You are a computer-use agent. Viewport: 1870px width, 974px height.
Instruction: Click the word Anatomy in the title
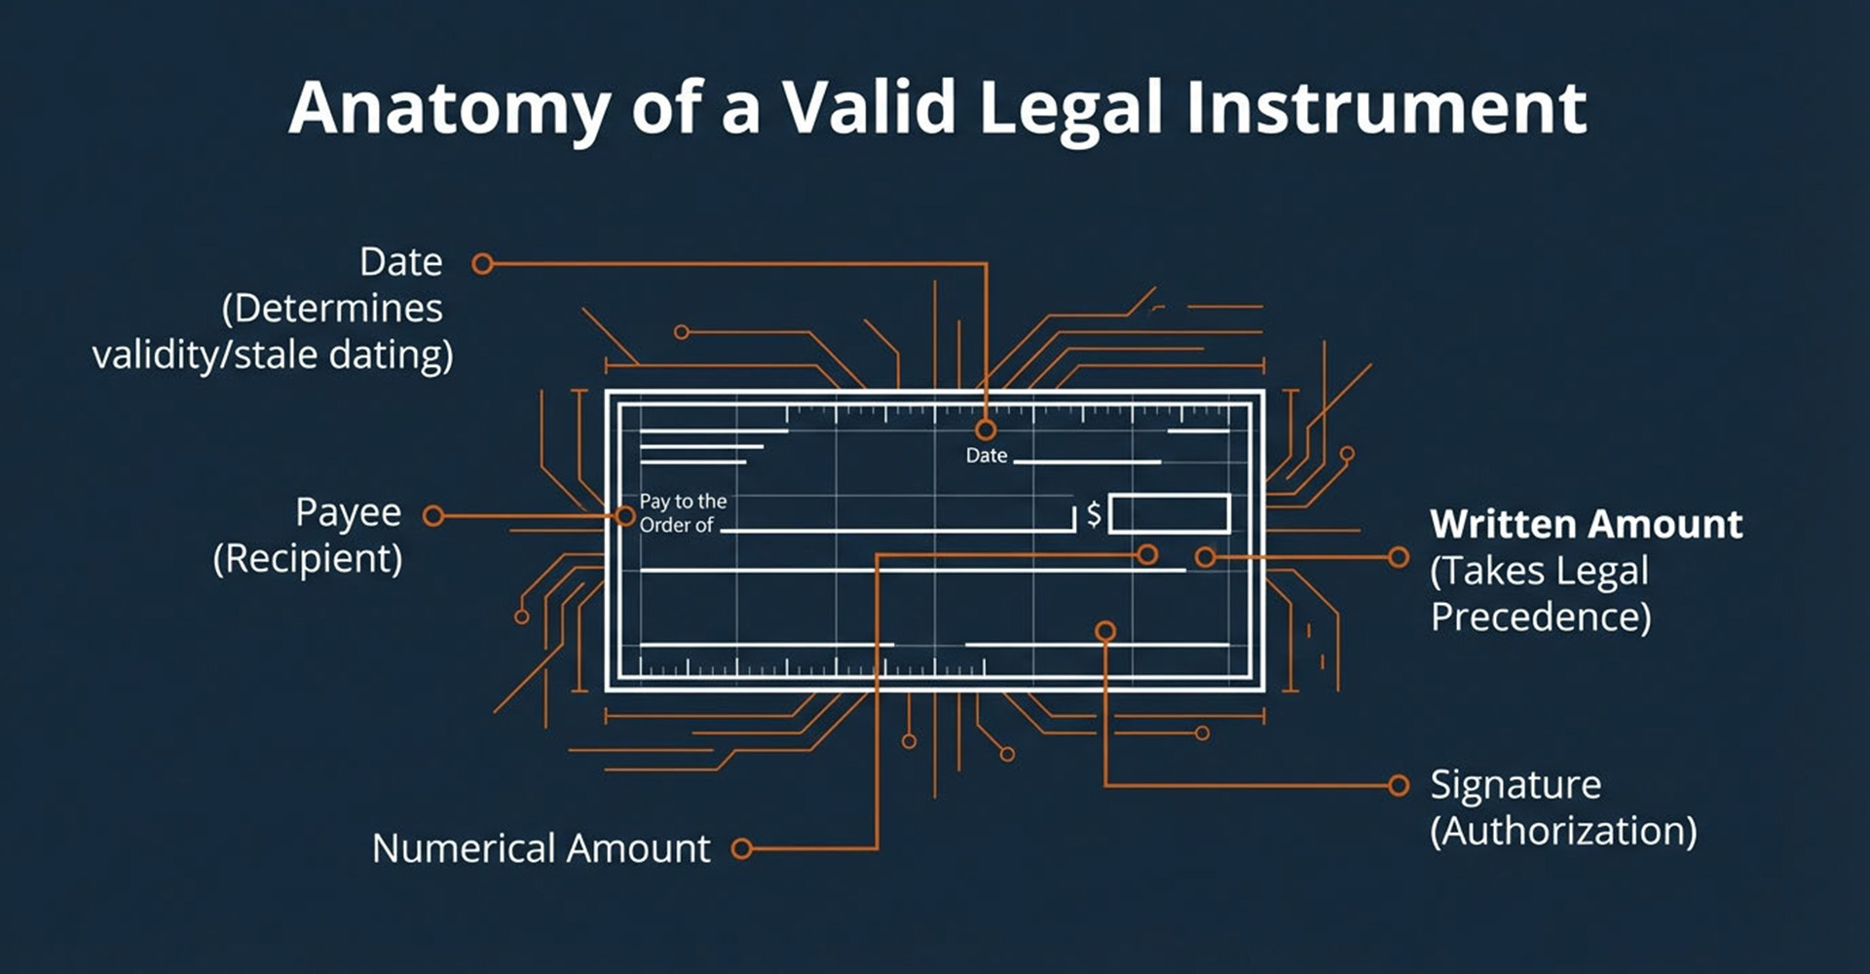pos(449,108)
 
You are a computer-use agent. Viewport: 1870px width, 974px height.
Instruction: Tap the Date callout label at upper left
pos(400,262)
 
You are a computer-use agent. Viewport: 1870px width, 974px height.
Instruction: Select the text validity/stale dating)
pos(273,356)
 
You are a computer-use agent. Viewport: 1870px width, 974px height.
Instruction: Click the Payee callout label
pos(348,513)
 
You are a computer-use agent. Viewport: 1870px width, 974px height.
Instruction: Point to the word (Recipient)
pos(308,559)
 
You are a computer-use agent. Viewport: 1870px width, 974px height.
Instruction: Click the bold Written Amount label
pos(1586,524)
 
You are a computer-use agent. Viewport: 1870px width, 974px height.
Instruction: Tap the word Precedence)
pos(1540,618)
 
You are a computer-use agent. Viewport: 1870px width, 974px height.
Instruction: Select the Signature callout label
pos(1515,785)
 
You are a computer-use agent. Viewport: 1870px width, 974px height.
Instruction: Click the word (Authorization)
pos(1563,832)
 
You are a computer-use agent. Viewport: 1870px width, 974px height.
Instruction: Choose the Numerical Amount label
pos(541,848)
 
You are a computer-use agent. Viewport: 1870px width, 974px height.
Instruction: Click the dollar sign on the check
pos(1094,513)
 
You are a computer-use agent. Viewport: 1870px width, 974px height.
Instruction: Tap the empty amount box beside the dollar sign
pos(1169,513)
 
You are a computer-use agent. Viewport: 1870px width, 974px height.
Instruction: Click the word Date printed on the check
pos(986,456)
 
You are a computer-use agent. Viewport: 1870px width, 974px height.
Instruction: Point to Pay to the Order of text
pos(682,513)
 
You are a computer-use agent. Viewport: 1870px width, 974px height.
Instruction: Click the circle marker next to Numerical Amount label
pos(741,849)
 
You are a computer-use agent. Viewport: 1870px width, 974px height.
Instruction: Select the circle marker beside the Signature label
pos(1399,785)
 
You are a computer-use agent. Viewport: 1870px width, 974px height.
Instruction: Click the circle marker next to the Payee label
pos(433,516)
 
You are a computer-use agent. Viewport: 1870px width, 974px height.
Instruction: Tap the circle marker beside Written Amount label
pos(1399,557)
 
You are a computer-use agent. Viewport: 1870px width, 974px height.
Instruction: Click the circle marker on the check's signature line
pos(1104,631)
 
